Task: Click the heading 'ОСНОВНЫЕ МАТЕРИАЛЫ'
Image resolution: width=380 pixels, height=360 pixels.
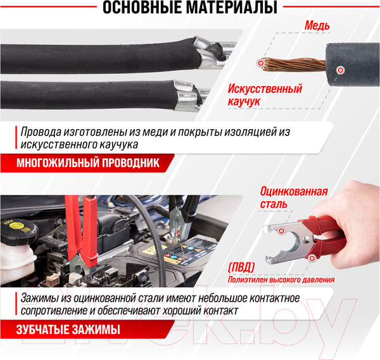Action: (189, 8)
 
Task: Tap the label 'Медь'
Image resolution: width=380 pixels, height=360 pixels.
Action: (317, 26)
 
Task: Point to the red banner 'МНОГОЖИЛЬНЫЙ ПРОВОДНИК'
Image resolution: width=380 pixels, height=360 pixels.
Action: (86, 163)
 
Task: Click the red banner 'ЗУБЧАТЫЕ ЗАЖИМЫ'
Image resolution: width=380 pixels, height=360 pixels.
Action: (63, 330)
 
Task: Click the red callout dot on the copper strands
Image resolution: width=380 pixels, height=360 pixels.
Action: (262, 63)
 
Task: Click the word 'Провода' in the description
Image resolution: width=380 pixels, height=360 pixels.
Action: (40, 133)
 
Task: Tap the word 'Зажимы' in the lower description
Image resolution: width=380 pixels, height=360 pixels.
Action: (39, 299)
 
